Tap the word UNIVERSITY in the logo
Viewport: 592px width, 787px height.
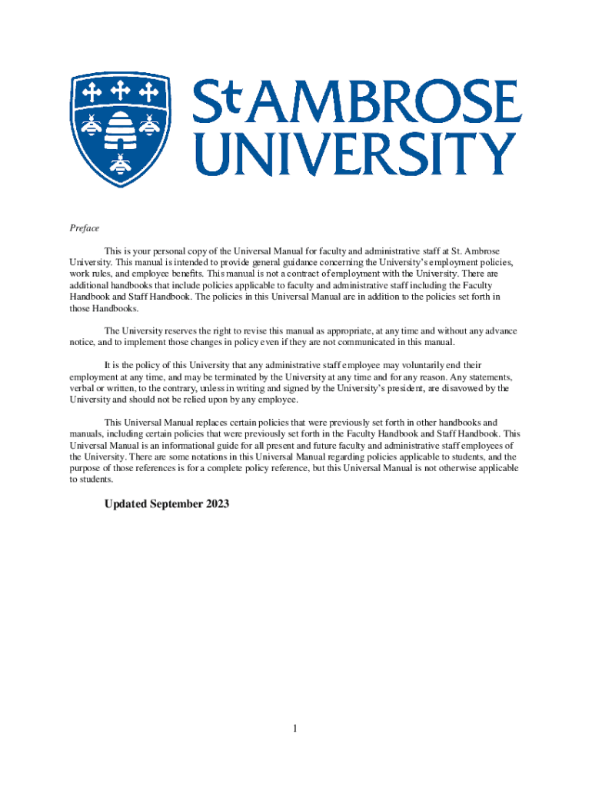tap(353, 154)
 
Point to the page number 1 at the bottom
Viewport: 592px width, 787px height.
tap(294, 729)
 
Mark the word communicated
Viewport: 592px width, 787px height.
tap(367, 342)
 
